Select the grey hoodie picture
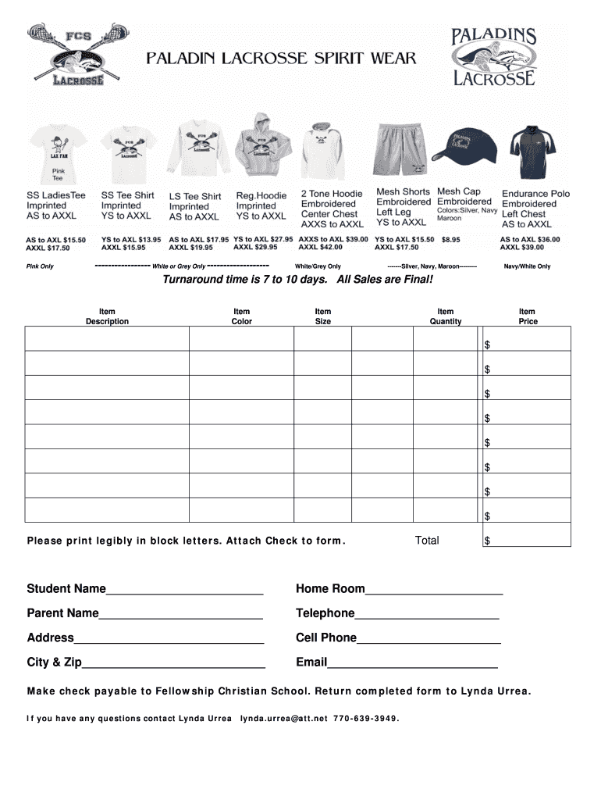(x=261, y=146)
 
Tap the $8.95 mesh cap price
(x=450, y=240)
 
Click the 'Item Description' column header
(x=107, y=316)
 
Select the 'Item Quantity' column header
(x=445, y=316)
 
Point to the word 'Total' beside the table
(x=427, y=541)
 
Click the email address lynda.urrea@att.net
(x=283, y=719)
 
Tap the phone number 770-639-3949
(x=365, y=719)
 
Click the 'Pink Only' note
(x=40, y=266)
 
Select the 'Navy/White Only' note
(x=527, y=266)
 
